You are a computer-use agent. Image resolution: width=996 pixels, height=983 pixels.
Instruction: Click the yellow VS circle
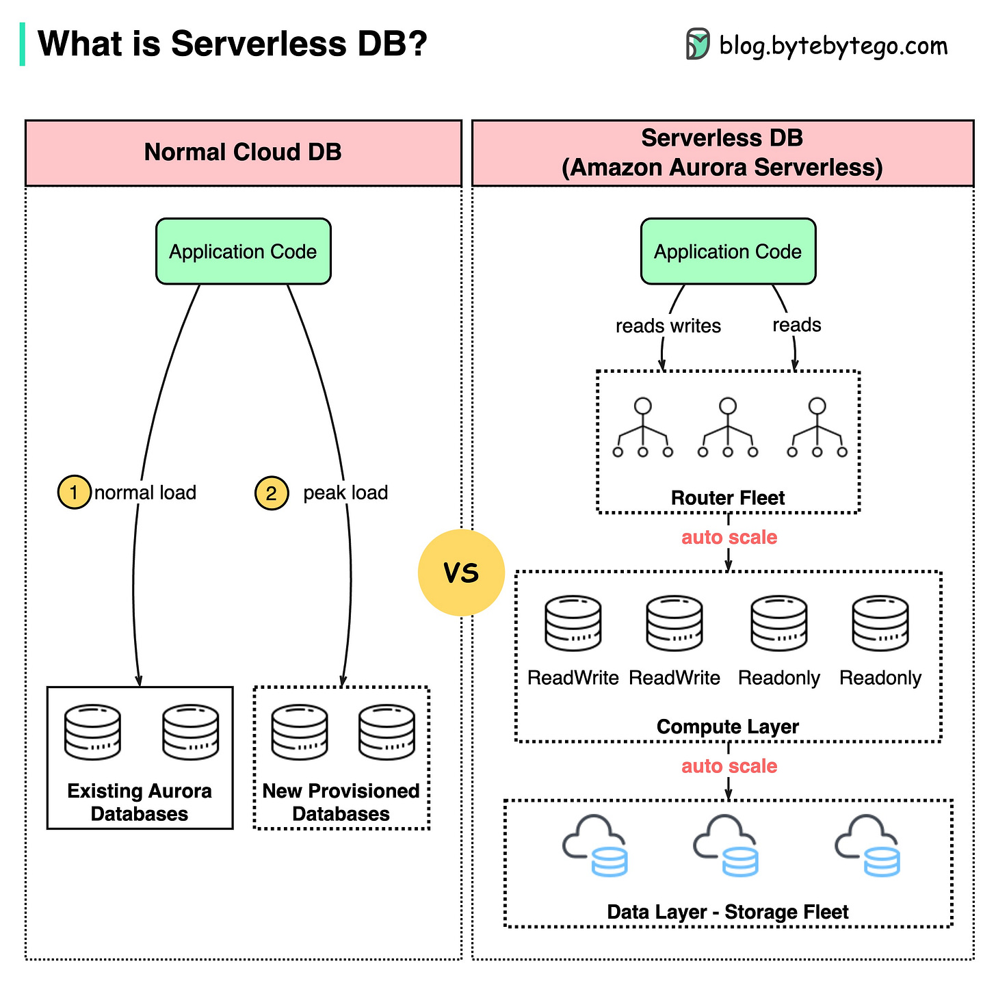click(x=461, y=573)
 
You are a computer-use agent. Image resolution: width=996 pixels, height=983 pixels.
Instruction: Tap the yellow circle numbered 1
click(x=74, y=493)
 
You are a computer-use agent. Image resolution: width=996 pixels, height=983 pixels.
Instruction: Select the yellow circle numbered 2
click(x=271, y=493)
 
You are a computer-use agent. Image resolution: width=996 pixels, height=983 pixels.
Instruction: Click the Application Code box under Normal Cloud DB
click(x=243, y=252)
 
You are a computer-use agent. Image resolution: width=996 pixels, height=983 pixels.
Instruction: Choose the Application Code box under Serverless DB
click(x=728, y=252)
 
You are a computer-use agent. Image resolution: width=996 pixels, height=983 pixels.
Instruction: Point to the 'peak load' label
click(x=345, y=493)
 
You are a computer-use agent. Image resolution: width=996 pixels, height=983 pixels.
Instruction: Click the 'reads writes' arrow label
click(x=668, y=326)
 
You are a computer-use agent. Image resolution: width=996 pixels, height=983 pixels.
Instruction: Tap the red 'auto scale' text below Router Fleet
click(x=729, y=538)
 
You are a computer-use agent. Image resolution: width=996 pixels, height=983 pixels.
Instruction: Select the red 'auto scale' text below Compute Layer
click(x=729, y=766)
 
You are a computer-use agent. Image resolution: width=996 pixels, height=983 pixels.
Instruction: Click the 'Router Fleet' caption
click(x=728, y=498)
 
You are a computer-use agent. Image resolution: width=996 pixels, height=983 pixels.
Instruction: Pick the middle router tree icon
click(x=728, y=428)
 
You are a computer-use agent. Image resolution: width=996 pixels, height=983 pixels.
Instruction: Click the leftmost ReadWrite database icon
click(x=573, y=623)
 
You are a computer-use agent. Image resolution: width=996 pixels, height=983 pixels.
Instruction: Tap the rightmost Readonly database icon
click(x=880, y=623)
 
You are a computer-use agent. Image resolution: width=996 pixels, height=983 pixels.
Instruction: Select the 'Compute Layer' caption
click(x=728, y=726)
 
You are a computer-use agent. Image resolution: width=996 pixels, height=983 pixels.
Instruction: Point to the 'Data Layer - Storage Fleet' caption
click(x=728, y=912)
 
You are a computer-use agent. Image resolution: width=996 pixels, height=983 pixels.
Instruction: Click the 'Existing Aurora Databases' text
click(x=140, y=802)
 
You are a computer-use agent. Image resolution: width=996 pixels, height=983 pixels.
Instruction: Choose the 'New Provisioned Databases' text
click(x=341, y=802)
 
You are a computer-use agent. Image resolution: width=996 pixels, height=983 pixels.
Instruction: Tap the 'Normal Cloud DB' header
click(x=243, y=152)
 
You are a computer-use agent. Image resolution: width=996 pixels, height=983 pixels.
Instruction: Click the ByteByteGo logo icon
click(x=698, y=44)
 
